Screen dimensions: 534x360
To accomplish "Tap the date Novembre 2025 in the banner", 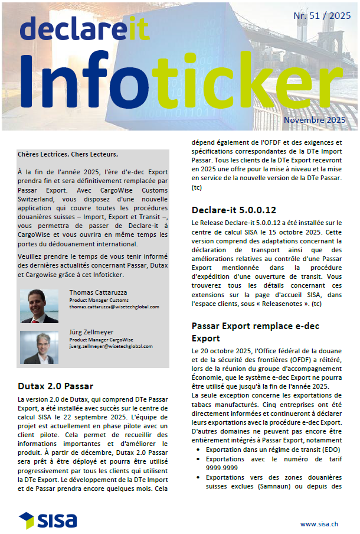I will [314, 120].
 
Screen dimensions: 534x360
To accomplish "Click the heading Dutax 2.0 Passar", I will [55, 386].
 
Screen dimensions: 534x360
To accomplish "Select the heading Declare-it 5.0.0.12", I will [233, 210].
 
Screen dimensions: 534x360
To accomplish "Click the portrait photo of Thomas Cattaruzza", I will [39, 305].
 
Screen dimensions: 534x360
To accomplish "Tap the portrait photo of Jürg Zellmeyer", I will [39, 347].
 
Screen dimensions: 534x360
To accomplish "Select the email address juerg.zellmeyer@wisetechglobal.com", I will [111, 347].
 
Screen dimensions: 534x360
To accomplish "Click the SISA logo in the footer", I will [48, 520].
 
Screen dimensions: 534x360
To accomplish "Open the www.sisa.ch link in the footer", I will [319, 523].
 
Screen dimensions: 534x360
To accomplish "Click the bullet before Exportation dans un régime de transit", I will [197, 450].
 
